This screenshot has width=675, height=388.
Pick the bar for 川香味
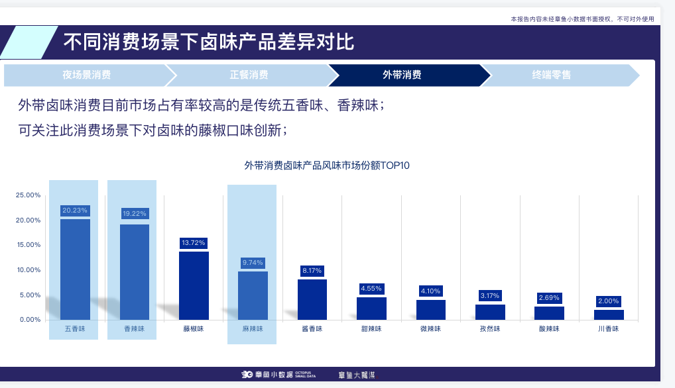coord(609,315)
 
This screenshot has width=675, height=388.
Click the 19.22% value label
coord(135,214)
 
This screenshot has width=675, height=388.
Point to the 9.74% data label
coord(253,263)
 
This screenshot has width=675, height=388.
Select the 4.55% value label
coord(371,289)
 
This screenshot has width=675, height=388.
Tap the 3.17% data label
coord(490,295)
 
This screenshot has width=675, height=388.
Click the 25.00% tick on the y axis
coord(29,195)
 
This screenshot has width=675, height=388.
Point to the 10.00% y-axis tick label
coord(29,270)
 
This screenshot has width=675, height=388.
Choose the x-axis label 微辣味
coord(431,328)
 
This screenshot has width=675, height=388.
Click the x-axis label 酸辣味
coord(549,328)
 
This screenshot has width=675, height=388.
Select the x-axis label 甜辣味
coord(371,328)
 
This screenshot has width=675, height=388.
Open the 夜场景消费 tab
coord(87,75)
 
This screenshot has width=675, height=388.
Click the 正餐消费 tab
coord(249,75)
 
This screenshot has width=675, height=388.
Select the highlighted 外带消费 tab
coord(402,75)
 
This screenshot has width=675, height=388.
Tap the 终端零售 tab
coord(552,75)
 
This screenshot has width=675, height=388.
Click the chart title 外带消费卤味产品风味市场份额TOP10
coord(327,166)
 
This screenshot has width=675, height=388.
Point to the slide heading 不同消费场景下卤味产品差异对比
coord(209,42)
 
